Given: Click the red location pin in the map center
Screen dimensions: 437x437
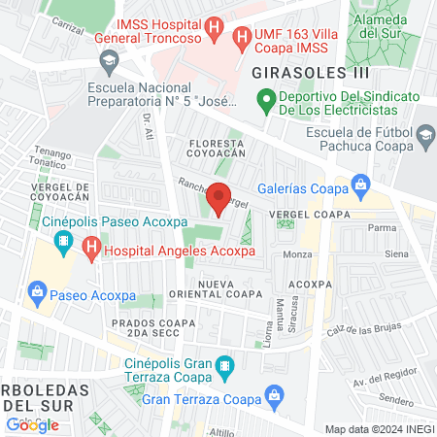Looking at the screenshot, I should tap(218, 197).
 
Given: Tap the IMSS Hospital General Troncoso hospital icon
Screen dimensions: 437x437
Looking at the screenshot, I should tap(218, 29).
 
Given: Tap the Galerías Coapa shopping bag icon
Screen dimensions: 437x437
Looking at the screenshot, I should tap(361, 182).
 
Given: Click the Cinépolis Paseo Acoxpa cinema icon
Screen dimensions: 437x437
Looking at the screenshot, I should tap(63, 240).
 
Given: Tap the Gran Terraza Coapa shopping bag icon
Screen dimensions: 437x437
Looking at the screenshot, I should tap(275, 397).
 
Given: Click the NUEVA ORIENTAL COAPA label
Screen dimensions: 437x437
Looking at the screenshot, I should tap(231, 288).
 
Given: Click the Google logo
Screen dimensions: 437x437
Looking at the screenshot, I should tap(32, 424).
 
